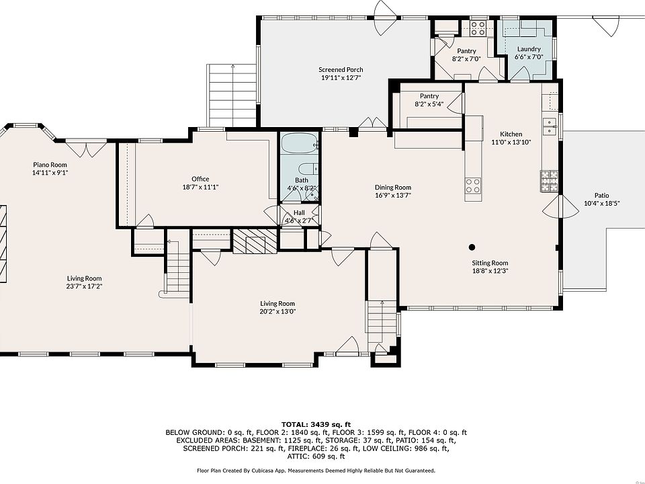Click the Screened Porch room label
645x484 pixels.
[x=341, y=69]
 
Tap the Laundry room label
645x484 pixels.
[x=529, y=49]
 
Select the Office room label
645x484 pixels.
[x=200, y=179]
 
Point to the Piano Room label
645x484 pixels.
[x=50, y=165]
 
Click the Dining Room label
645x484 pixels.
[x=393, y=188]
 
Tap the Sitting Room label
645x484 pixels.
[x=490, y=263]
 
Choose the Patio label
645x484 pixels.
[x=601, y=196]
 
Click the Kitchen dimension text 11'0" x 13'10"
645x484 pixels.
[x=511, y=143]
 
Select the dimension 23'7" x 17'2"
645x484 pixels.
[x=85, y=286]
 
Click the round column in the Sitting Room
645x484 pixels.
[x=472, y=247]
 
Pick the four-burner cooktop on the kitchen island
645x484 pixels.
[x=473, y=186]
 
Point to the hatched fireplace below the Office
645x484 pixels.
[x=255, y=241]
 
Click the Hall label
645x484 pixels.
[x=299, y=213]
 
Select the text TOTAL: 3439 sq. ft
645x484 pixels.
[x=316, y=424]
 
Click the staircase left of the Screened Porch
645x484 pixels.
[x=232, y=95]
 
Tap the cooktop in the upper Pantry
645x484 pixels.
[x=478, y=28]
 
